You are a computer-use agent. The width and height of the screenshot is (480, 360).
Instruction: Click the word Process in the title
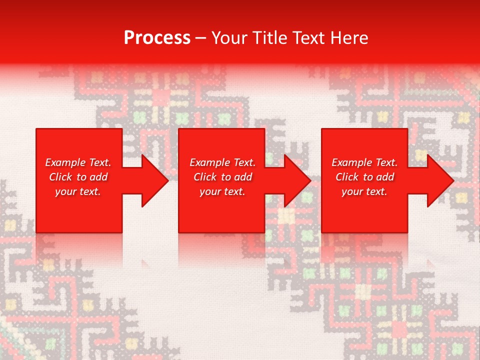coord(157,38)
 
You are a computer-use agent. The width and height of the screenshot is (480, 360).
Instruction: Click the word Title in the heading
coord(269,38)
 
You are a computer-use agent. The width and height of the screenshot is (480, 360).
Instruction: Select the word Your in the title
coord(229,38)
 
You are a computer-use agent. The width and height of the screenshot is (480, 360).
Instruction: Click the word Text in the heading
coord(308,38)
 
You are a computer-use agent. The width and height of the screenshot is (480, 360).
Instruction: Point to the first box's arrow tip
coord(168,180)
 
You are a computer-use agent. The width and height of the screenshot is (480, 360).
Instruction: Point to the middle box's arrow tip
coord(310,180)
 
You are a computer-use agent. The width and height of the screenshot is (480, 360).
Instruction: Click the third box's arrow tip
coord(453,180)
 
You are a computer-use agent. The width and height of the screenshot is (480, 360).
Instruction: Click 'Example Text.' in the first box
coord(78,162)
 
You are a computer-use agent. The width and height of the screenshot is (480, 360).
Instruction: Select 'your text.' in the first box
coord(78,191)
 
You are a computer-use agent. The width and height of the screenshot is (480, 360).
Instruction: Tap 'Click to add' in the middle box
coord(222,177)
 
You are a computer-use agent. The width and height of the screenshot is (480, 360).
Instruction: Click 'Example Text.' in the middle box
coord(222,162)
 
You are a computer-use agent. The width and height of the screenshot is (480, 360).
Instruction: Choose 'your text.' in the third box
coord(364,191)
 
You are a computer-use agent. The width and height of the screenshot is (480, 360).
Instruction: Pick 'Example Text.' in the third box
coord(364,162)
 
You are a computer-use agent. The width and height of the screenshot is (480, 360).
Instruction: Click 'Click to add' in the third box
coord(364,177)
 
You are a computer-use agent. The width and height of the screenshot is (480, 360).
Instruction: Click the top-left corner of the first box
coord(36,129)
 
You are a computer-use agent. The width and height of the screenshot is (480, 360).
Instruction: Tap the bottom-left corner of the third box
coord(322,232)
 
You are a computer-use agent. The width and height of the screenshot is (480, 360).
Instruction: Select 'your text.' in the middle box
coord(222,191)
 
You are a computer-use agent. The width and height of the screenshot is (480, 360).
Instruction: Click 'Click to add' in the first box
coord(78,177)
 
